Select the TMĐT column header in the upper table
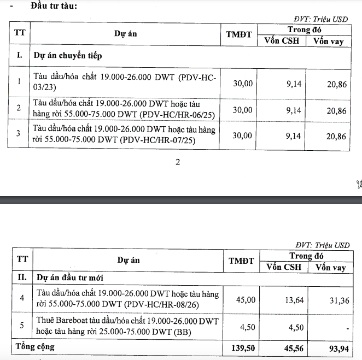click(239, 34)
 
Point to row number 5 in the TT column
click(22, 326)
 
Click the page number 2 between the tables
click(177, 162)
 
